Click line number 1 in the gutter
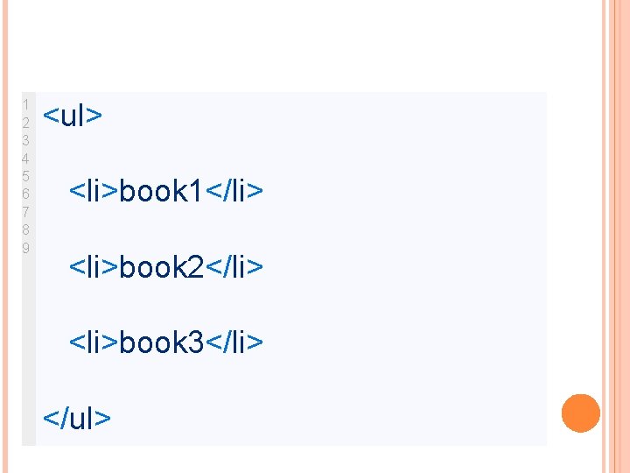[26, 104]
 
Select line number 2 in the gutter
[26, 122]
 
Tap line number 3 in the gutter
[26, 140]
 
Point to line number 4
[26, 159]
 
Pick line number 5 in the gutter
[26, 176]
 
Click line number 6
[26, 194]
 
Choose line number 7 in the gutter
[26, 212]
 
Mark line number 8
[26, 229]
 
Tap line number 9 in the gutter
[26, 247]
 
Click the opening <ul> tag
[73, 116]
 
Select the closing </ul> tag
[78, 418]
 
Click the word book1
[161, 190]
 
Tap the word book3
[161, 342]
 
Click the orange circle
[580, 413]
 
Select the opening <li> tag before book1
[94, 190]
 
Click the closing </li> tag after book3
[234, 342]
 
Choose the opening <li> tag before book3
[94, 342]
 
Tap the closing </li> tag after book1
[234, 190]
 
